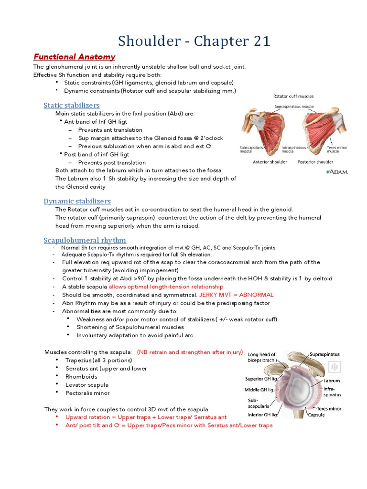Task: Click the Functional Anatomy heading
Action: (x=74, y=57)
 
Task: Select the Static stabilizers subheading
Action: (x=71, y=105)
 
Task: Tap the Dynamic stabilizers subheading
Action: (x=77, y=201)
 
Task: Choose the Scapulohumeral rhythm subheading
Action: (x=85, y=240)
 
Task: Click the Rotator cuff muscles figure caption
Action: (x=293, y=96)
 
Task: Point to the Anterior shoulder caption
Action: (x=270, y=162)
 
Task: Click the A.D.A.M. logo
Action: (x=336, y=171)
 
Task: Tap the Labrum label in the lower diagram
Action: (x=331, y=381)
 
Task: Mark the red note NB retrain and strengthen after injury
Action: (x=190, y=352)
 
